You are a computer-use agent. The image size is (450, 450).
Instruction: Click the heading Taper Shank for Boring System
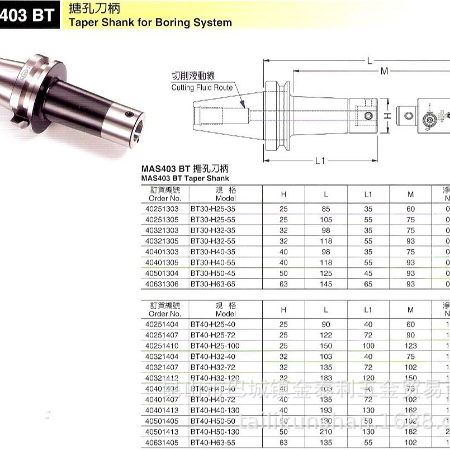[149, 23]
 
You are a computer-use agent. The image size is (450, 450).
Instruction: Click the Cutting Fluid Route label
[202, 88]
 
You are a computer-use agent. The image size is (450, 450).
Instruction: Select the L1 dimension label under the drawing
[320, 161]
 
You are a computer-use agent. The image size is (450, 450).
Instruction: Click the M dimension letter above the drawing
[385, 71]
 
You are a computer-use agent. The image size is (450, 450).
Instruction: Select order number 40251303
[162, 209]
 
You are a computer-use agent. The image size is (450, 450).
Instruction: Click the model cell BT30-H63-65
[214, 284]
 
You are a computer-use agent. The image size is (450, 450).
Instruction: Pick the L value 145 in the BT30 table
[326, 284]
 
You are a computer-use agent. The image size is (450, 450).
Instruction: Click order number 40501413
[162, 431]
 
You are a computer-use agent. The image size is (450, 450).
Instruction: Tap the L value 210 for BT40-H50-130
[326, 431]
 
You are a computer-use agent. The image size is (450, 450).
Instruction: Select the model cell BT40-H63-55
[214, 442]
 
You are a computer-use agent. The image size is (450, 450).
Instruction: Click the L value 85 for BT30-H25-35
[326, 209]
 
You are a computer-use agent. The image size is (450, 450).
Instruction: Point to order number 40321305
[162, 241]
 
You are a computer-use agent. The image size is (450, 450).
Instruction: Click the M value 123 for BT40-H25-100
[411, 345]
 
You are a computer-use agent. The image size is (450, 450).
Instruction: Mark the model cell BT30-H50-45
[214, 273]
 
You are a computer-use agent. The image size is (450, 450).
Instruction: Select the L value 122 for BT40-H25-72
[326, 335]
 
